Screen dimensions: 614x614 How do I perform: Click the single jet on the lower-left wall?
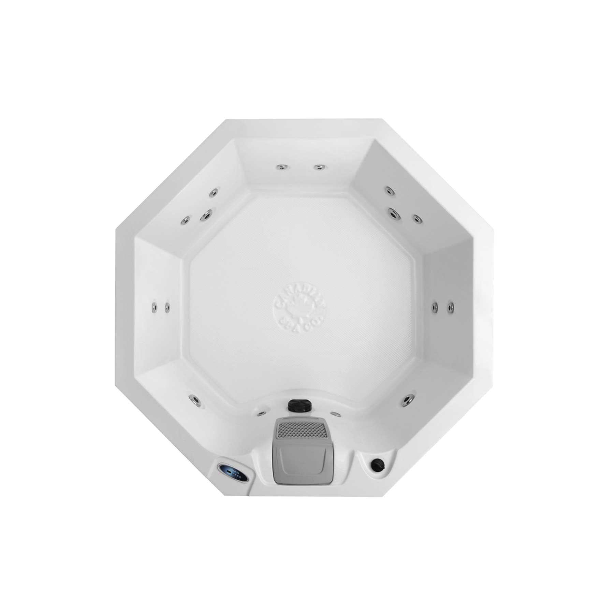[195, 399]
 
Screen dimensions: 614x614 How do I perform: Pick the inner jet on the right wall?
[435, 306]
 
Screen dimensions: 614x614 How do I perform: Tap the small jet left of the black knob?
[262, 413]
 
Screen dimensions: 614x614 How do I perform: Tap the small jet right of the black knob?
[335, 413]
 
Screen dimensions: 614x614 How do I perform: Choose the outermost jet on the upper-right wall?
[415, 218]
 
